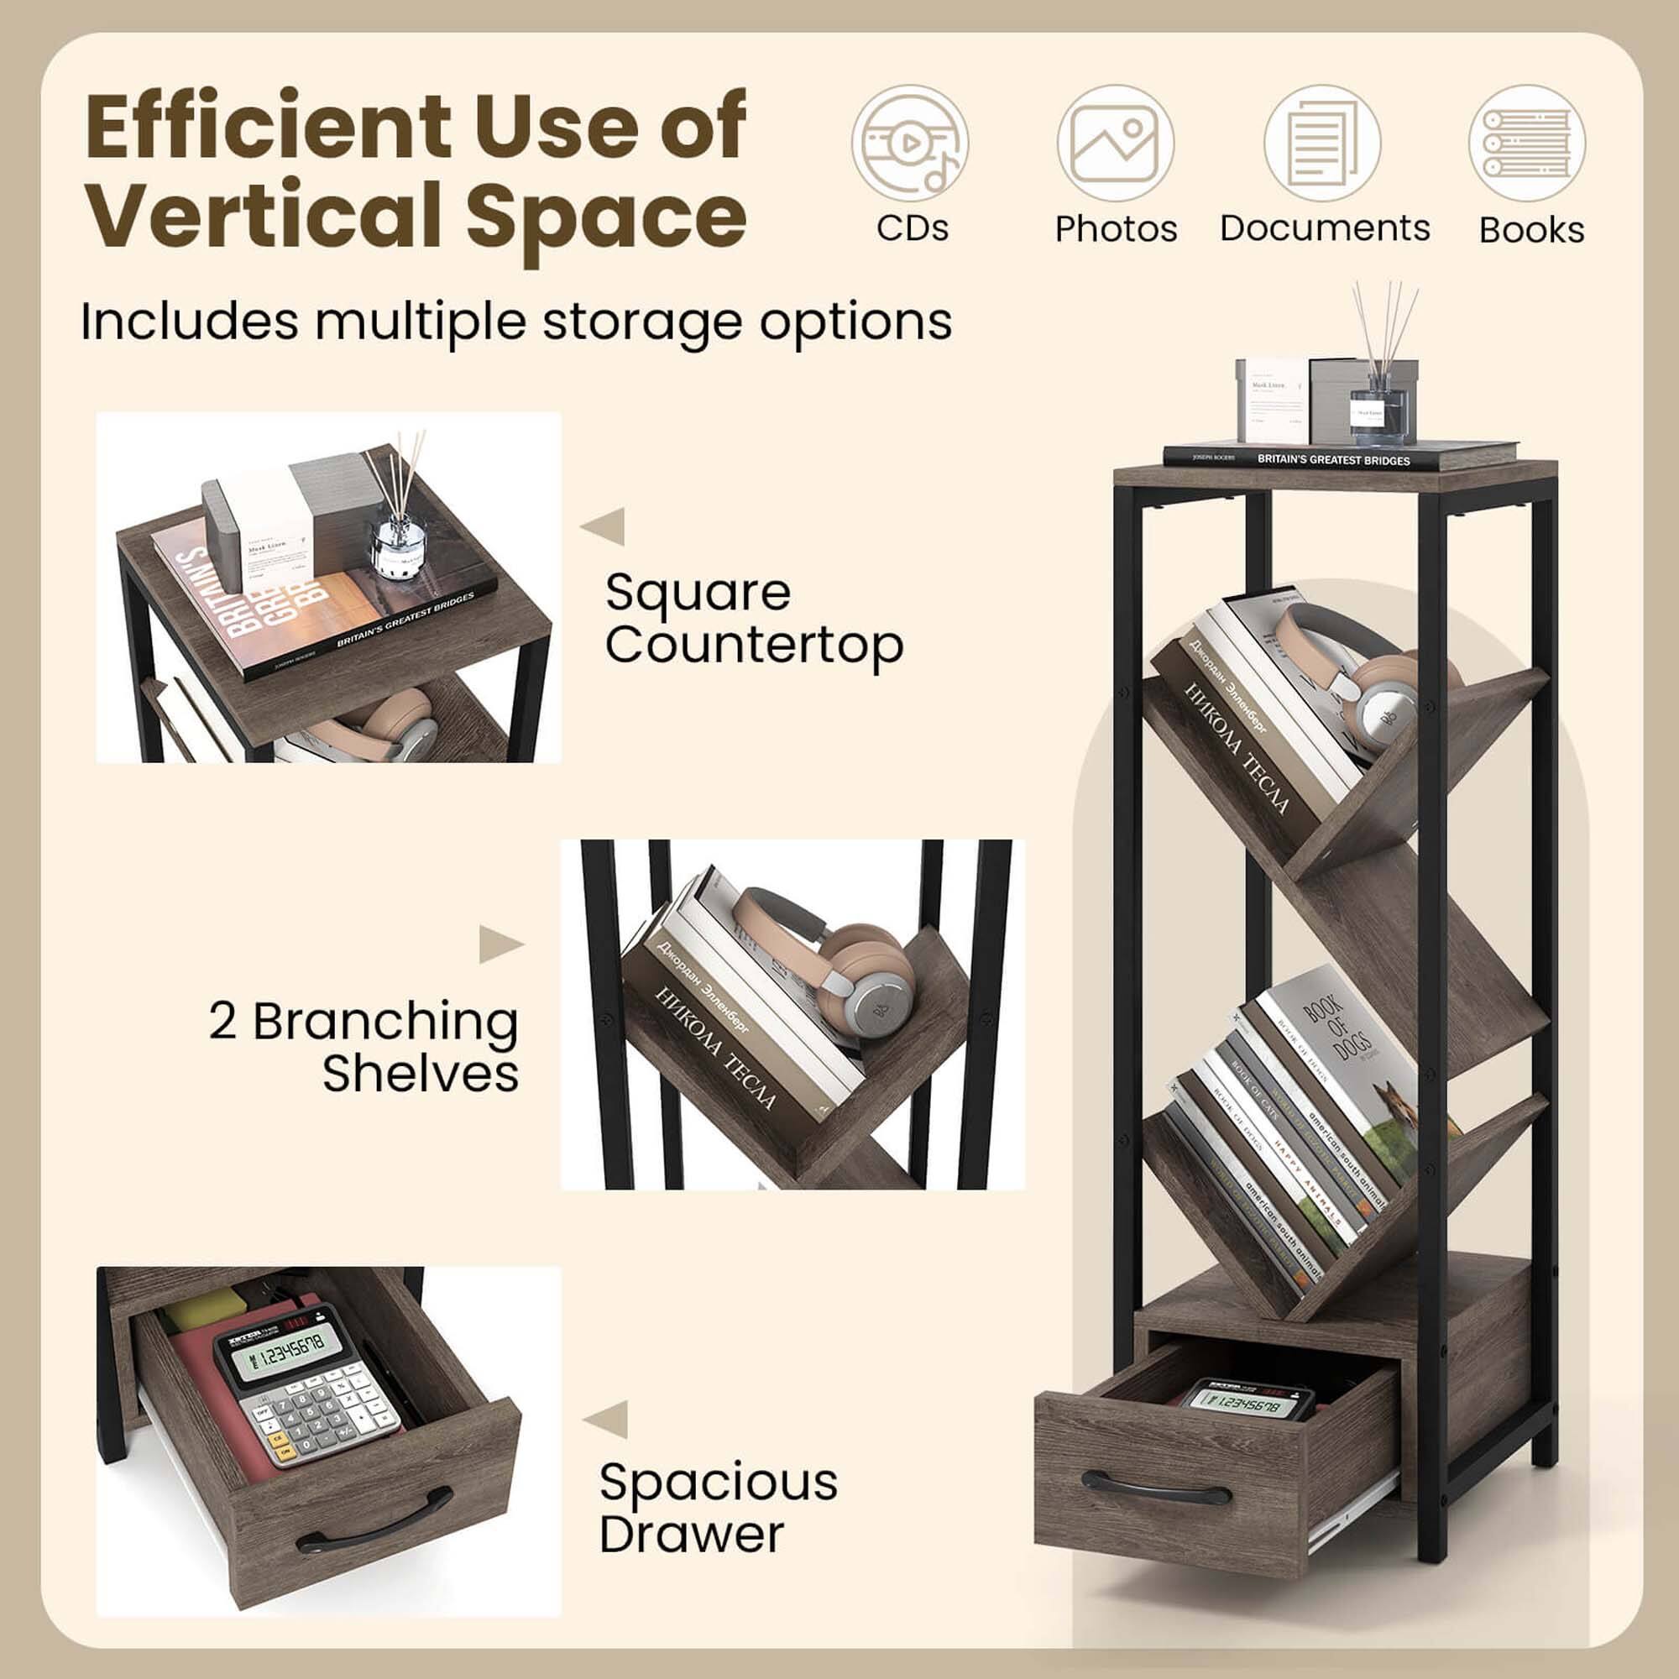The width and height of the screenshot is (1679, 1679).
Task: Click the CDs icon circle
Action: [x=910, y=144]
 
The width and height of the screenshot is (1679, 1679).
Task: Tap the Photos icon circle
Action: [x=1115, y=144]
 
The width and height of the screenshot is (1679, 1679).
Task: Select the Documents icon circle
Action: [x=1322, y=144]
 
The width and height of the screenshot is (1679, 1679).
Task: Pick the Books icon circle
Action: [x=1527, y=144]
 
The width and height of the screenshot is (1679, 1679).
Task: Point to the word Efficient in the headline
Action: [x=269, y=127]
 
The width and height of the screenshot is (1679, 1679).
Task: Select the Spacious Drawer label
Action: [x=718, y=1507]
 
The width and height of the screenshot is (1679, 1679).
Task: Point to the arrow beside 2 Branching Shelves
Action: [x=500, y=944]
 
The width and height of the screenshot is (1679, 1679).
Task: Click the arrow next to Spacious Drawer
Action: [x=606, y=1419]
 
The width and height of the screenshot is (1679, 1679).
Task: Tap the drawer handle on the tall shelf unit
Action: [x=1155, y=1489]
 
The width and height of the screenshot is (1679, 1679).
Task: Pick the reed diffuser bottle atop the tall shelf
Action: [x=1382, y=409]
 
